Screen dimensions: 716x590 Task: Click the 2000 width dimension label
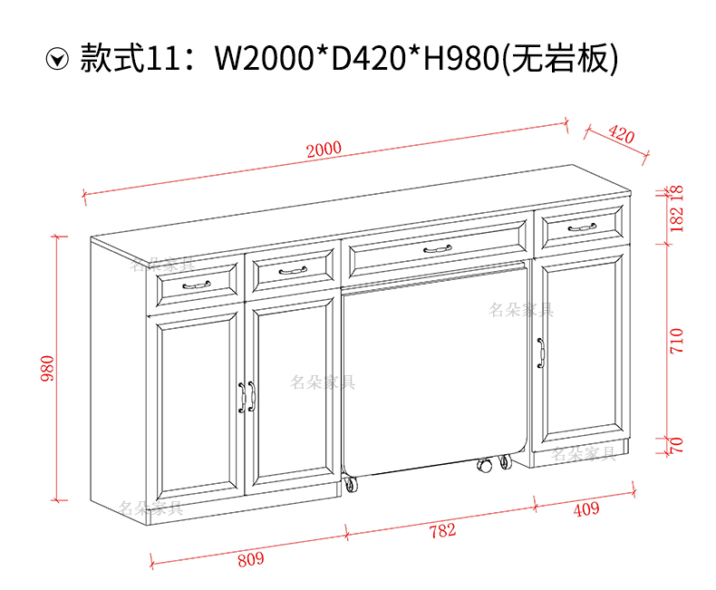tap(324, 149)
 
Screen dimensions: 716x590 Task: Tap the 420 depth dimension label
tap(621, 135)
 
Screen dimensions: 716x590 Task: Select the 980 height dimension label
tap(49, 368)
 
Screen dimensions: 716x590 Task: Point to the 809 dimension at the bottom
tap(250, 558)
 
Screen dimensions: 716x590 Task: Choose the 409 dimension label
tap(585, 509)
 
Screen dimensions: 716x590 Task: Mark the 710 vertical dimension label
tap(678, 341)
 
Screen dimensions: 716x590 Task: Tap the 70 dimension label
tap(678, 445)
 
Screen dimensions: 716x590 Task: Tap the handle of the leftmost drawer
tap(196, 285)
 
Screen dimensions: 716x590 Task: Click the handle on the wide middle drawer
tap(437, 247)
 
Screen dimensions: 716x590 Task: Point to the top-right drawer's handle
tap(581, 227)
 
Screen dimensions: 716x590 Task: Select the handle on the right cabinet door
tap(540, 353)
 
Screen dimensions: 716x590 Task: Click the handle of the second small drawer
tap(292, 270)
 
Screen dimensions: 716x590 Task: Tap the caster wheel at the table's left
tap(350, 487)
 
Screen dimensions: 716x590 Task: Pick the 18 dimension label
tap(678, 193)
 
